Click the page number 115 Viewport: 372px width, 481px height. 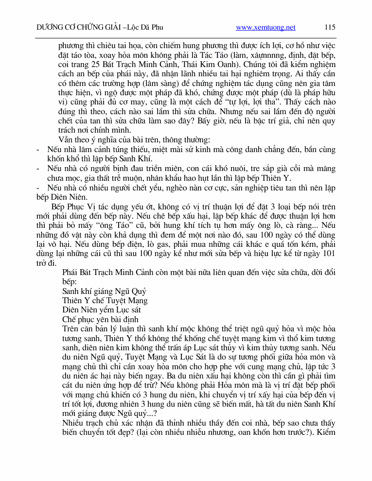(x=330, y=28)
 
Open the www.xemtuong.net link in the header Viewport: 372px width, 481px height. (x=266, y=28)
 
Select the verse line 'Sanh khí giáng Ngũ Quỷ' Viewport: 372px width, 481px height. (x=104, y=291)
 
